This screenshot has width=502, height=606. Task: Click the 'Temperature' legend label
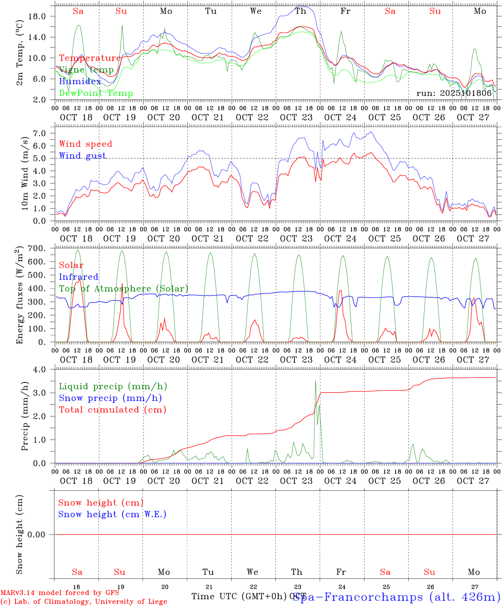[x=90, y=58]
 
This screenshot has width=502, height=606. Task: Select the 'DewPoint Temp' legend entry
[x=96, y=93]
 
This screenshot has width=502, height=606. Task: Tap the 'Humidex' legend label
[x=80, y=82]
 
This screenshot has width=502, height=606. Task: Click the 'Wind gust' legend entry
[x=82, y=156]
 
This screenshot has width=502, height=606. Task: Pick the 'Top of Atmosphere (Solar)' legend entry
[x=124, y=289]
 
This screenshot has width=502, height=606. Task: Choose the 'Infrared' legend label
[x=79, y=277]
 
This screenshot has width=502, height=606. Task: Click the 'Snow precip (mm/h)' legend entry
[x=110, y=398]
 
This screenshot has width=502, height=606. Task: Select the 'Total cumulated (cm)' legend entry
[x=112, y=410]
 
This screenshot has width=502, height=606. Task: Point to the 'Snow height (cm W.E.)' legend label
[x=112, y=514]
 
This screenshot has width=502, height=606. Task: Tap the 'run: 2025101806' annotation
[x=454, y=93]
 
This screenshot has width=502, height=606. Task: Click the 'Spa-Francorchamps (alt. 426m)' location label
[x=396, y=597]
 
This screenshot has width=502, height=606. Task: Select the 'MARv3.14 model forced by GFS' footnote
[x=59, y=593]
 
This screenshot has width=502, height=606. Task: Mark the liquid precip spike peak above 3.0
[x=315, y=381]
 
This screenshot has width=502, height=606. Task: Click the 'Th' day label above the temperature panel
[x=301, y=11]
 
